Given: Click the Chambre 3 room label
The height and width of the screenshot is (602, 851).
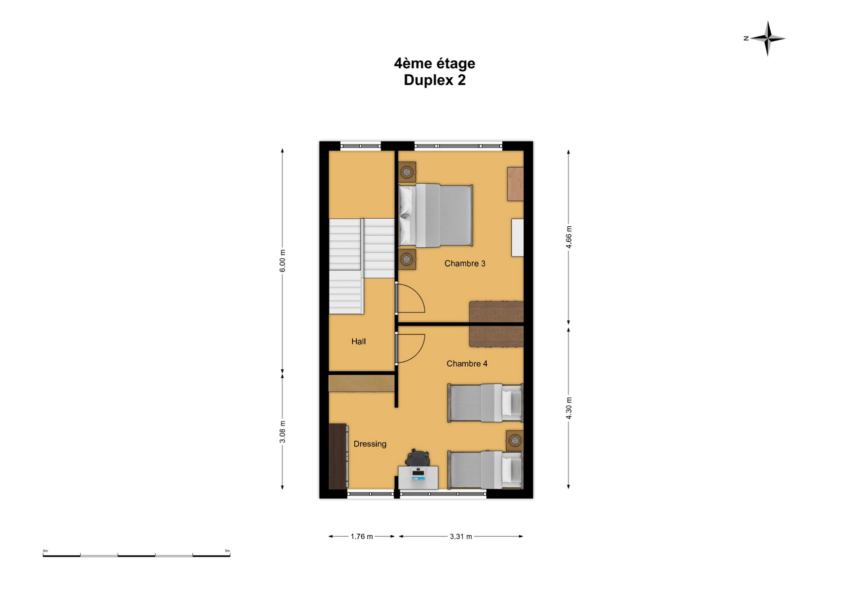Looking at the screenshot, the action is tap(465, 263).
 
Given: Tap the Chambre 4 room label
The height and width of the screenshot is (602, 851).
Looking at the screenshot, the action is tap(467, 364).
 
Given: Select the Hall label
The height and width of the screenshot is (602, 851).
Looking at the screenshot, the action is tap(359, 342).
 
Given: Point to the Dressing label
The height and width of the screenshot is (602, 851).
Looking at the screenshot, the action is tap(370, 444).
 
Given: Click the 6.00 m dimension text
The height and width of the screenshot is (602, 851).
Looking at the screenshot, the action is tap(282, 260).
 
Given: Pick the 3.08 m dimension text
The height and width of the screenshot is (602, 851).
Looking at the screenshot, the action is tap(282, 432).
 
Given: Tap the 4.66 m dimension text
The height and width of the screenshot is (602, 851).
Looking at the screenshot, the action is tap(569, 237).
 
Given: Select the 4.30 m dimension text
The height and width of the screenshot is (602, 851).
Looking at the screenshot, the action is tap(569, 408).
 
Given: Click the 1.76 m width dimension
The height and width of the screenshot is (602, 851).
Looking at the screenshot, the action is tap(362, 537).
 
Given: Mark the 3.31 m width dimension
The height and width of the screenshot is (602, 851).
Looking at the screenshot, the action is tap(461, 537).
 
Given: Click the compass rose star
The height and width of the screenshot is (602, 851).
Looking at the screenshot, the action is tap(768, 38).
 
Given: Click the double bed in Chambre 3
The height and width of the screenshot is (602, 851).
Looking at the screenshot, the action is tap(436, 215).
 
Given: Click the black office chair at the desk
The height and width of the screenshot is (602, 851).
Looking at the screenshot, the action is tap(417, 458).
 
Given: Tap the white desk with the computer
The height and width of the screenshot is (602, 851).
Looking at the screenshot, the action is tap(418, 478).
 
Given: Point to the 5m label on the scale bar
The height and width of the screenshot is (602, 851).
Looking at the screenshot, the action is tap(227, 551).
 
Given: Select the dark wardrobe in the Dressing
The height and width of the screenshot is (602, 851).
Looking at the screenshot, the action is tap(338, 457).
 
